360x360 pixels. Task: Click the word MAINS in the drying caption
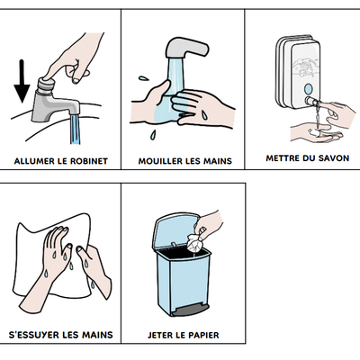[x=96, y=336]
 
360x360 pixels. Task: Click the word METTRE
[x=283, y=157]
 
